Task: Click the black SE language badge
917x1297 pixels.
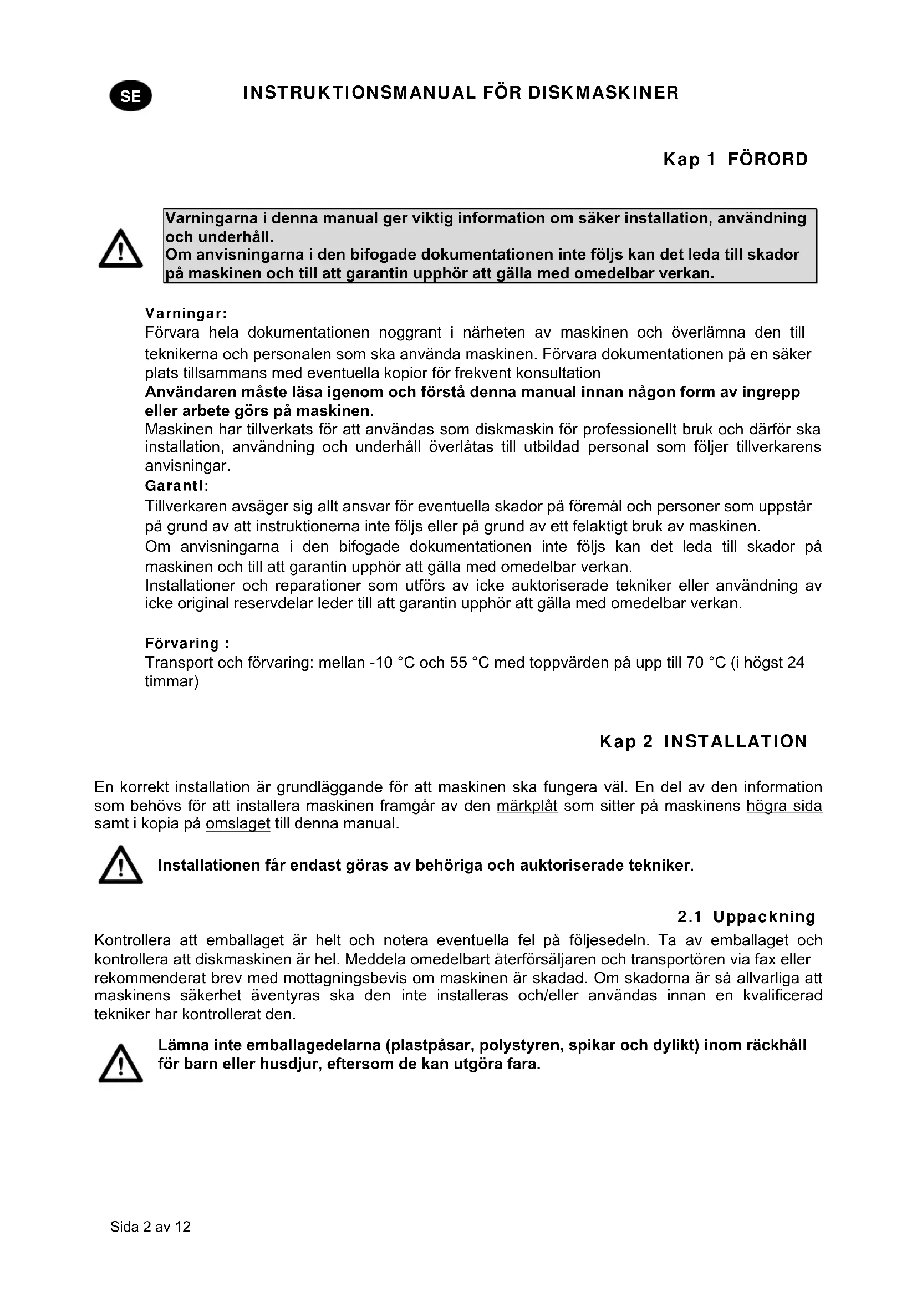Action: click(130, 96)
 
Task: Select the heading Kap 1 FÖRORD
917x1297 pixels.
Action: click(735, 159)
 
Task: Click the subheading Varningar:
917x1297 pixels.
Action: click(186, 313)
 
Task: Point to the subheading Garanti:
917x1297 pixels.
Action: click(177, 485)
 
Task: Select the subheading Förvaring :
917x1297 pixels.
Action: click(187, 643)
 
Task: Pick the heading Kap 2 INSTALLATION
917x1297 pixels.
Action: click(703, 742)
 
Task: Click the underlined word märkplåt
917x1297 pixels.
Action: click(527, 806)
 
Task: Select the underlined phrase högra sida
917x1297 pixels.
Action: click(784, 806)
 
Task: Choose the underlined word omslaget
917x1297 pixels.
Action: click(238, 823)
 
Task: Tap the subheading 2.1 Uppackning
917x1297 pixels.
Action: click(746, 917)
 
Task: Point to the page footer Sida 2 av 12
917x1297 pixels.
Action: click(150, 1227)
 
